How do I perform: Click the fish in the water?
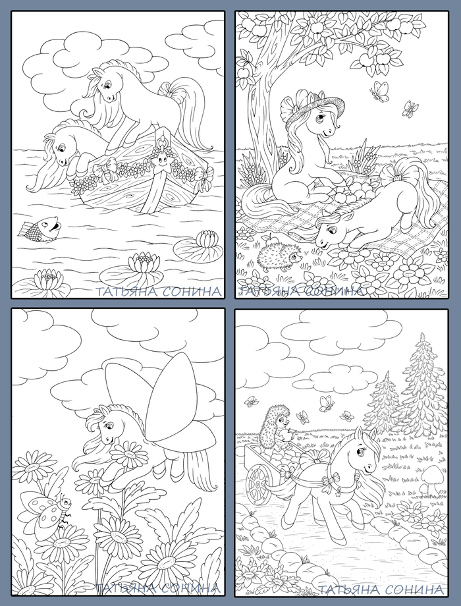coord(39,229)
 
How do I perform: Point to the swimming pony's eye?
coord(61,148)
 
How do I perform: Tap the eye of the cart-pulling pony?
coord(362,451)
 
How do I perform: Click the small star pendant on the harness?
coord(335,493)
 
